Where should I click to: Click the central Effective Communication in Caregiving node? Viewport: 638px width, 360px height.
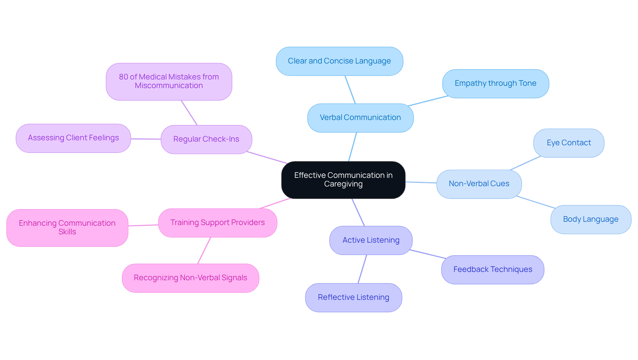click(x=343, y=180)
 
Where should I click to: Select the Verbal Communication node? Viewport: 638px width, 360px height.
click(x=360, y=118)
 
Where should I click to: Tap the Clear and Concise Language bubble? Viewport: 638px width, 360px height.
click(x=339, y=61)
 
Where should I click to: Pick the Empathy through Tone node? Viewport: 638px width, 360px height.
click(x=495, y=83)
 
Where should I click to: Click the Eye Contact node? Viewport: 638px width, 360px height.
click(x=569, y=143)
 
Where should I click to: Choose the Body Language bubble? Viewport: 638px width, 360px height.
click(x=590, y=219)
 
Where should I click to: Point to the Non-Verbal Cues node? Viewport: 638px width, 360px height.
click(x=479, y=184)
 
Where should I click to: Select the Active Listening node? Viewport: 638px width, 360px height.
click(x=371, y=240)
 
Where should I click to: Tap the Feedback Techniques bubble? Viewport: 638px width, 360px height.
click(x=492, y=270)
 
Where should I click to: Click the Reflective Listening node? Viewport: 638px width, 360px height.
click(x=353, y=298)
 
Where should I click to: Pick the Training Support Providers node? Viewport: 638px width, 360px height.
click(x=217, y=223)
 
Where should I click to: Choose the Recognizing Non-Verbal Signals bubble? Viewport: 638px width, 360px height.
click(x=190, y=278)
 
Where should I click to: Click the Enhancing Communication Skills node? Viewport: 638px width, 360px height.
click(x=67, y=228)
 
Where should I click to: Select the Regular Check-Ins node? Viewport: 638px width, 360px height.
click(x=206, y=139)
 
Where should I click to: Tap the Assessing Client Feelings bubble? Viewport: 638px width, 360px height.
click(x=73, y=138)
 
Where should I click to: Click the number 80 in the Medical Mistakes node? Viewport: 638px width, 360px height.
click(x=123, y=77)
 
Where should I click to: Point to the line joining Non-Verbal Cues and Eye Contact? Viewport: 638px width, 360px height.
click(x=525, y=163)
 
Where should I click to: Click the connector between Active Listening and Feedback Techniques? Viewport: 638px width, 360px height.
click(x=428, y=254)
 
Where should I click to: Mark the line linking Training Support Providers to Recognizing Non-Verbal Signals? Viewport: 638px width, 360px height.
click(x=204, y=251)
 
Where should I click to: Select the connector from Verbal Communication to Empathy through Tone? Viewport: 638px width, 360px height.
click(x=428, y=101)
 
